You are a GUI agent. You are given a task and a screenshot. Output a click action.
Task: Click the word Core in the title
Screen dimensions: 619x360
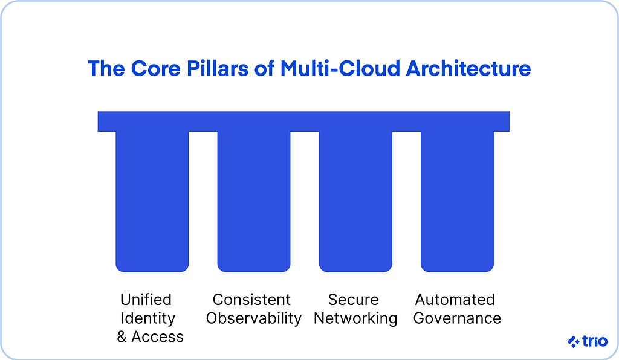click(x=155, y=69)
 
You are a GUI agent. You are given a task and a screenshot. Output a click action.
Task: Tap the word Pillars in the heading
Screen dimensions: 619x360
click(x=218, y=69)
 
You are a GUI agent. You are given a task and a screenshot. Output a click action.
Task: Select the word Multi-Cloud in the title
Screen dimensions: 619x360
click(x=340, y=69)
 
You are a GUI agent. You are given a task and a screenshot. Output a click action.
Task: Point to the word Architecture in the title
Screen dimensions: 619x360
click(x=468, y=69)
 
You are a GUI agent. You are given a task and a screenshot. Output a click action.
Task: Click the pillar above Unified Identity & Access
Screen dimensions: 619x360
click(x=152, y=202)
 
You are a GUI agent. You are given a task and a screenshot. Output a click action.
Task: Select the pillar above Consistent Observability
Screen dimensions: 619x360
click(x=254, y=202)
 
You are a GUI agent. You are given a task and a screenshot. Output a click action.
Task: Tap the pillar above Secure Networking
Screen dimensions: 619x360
click(x=355, y=202)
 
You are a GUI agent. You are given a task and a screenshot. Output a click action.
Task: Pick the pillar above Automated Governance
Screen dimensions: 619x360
click(x=457, y=202)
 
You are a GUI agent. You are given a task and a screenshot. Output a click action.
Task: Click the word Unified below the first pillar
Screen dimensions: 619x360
click(x=146, y=300)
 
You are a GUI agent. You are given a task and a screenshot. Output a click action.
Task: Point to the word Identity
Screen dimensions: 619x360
click(x=147, y=318)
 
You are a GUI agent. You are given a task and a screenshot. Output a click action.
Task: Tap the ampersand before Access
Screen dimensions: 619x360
click(x=122, y=337)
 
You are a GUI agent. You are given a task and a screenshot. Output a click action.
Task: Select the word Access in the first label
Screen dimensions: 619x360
click(x=158, y=337)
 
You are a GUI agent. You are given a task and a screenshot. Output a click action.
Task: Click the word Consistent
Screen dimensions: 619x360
click(x=251, y=300)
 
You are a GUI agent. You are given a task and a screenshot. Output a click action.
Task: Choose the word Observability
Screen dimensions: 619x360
click(x=254, y=318)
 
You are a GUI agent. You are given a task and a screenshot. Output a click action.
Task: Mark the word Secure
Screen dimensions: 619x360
click(x=353, y=300)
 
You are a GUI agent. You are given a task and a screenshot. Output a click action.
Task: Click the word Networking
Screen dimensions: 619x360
click(x=355, y=318)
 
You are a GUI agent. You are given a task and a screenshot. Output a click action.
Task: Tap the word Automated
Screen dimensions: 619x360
click(x=455, y=300)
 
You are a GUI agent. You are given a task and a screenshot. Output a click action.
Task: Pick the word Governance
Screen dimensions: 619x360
click(x=457, y=318)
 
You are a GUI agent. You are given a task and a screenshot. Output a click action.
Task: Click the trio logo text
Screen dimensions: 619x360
click(x=595, y=341)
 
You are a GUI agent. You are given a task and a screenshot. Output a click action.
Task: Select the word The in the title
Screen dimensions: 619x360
click(x=106, y=69)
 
